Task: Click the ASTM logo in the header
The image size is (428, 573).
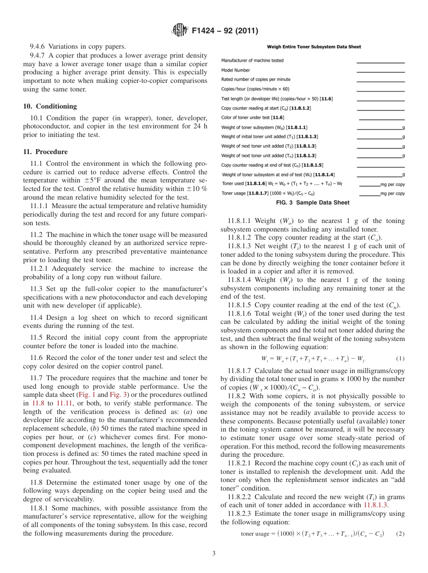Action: [x=180, y=31]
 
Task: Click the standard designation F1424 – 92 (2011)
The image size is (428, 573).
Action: [x=224, y=31]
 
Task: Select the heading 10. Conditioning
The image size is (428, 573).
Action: [x=50, y=106]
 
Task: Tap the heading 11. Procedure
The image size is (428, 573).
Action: [x=45, y=152]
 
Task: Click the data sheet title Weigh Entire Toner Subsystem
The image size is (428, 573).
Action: [x=314, y=46]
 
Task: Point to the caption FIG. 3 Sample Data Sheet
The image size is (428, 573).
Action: [x=312, y=203]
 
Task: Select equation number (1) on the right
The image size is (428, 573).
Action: [x=400, y=359]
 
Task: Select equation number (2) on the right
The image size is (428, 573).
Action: [x=400, y=534]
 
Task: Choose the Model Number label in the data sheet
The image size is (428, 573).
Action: [x=235, y=70]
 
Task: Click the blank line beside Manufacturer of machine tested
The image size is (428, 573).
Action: [x=380, y=62]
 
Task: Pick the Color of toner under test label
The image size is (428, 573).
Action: [x=245, y=118]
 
